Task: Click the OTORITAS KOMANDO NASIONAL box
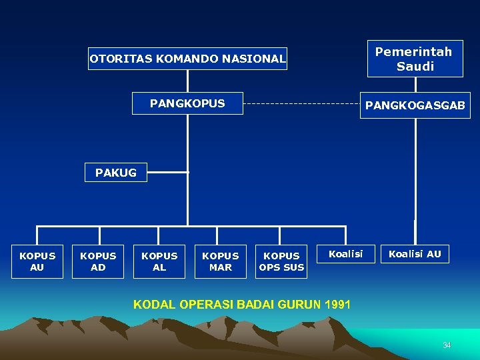pyautogui.click(x=188, y=59)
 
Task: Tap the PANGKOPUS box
pyautogui.click(x=187, y=103)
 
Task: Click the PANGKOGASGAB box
pyautogui.click(x=415, y=105)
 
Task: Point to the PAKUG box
pyautogui.click(x=115, y=173)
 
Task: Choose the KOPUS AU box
pyautogui.click(x=37, y=261)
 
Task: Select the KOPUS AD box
pyautogui.click(x=98, y=261)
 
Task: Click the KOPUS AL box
pyautogui.click(x=159, y=261)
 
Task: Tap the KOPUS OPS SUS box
pyautogui.click(x=281, y=261)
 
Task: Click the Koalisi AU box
pyautogui.click(x=415, y=253)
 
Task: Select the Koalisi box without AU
pyautogui.click(x=345, y=253)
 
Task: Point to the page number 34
pyautogui.click(x=447, y=345)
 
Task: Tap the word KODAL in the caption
pyautogui.click(x=151, y=305)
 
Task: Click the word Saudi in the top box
pyautogui.click(x=415, y=66)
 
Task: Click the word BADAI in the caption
pyautogui.click(x=258, y=305)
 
